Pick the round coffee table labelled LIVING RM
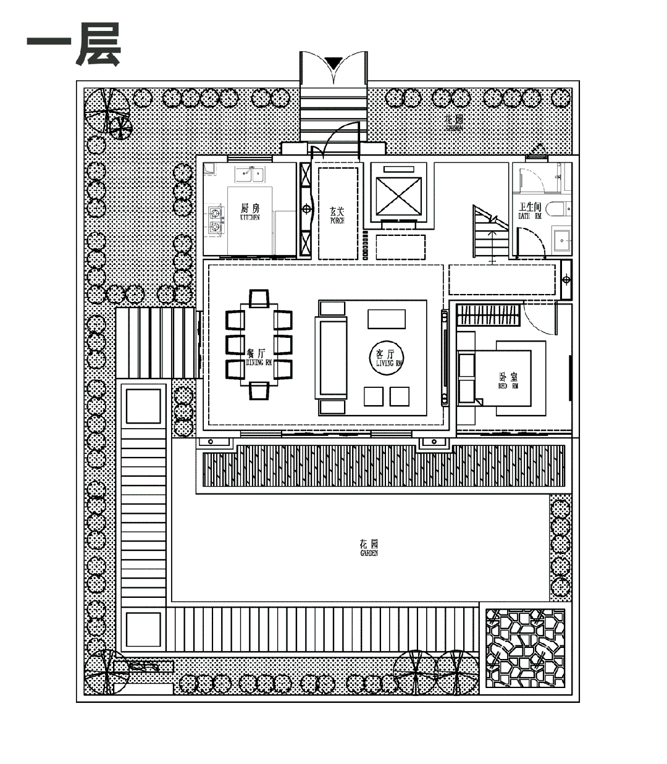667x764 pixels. click(389, 358)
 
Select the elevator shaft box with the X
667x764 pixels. click(399, 193)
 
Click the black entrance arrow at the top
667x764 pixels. click(333, 62)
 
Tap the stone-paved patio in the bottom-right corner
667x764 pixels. click(525, 649)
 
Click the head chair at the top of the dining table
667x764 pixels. click(259, 298)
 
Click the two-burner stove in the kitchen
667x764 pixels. click(215, 220)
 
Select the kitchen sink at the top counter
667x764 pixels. click(253, 174)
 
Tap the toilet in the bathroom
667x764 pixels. click(563, 208)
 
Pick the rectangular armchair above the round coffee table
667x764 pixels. click(387, 319)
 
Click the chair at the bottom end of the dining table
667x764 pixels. click(259, 390)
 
